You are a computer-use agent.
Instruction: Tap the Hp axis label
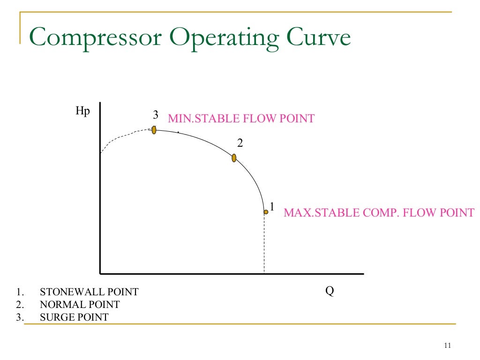pyautogui.click(x=82, y=112)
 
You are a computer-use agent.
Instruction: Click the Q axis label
pyautogui.click(x=330, y=291)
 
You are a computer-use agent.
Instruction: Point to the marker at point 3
pyautogui.click(x=154, y=130)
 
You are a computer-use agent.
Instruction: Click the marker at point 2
pyautogui.click(x=234, y=158)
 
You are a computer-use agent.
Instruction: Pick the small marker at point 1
pyautogui.click(x=266, y=212)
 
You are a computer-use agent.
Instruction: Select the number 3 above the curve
pyautogui.click(x=155, y=115)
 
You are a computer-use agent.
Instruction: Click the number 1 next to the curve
pyautogui.click(x=272, y=206)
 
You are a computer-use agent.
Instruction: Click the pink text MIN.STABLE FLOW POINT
pyautogui.click(x=241, y=119)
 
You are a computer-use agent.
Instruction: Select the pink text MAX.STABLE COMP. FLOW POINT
pyautogui.click(x=379, y=213)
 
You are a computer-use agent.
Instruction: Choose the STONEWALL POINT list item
pyautogui.click(x=89, y=292)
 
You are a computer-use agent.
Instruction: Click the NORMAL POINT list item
pyautogui.click(x=80, y=305)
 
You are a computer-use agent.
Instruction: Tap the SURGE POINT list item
pyautogui.click(x=74, y=317)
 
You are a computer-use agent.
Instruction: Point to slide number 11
pyautogui.click(x=446, y=346)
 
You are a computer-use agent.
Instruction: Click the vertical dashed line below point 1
pyautogui.click(x=264, y=244)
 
